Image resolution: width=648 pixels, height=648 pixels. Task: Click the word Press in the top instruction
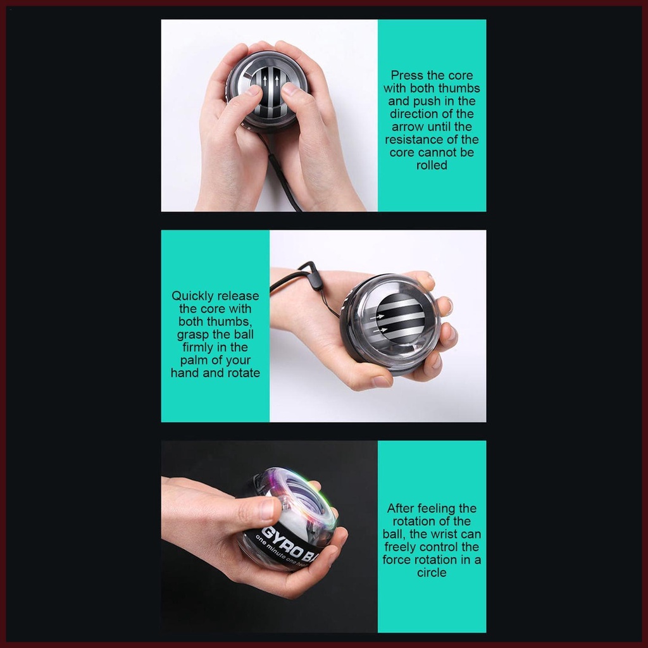407,76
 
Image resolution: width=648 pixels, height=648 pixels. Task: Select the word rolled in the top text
432,165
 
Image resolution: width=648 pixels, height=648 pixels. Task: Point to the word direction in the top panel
415,114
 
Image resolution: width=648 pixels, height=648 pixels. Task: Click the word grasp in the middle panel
193,335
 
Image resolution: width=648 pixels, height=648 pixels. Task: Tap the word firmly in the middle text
197,347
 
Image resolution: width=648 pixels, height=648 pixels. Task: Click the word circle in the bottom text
432,573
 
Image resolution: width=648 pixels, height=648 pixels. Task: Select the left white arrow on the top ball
265,80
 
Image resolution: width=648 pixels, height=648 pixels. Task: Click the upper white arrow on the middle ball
380,317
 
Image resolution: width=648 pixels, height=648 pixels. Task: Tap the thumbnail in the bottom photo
268,509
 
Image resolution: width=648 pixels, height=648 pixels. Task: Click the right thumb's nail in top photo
289,89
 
